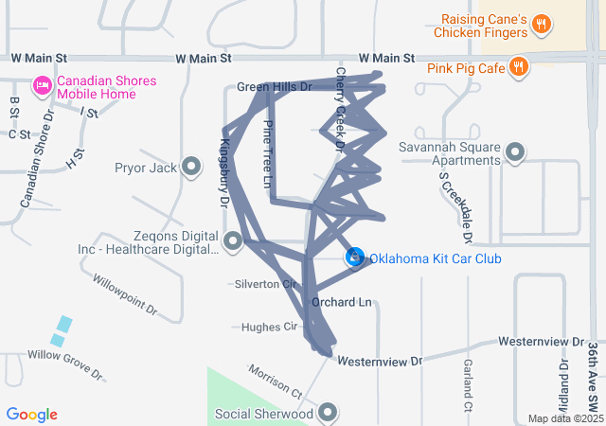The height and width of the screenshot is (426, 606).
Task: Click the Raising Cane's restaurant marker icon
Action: (x=541, y=25)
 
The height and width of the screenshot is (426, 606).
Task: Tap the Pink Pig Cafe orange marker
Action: (x=518, y=66)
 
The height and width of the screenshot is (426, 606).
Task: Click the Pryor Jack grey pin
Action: (x=191, y=169)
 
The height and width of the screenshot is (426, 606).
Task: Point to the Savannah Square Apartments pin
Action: (x=515, y=152)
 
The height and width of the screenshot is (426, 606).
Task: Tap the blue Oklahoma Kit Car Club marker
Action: (x=355, y=257)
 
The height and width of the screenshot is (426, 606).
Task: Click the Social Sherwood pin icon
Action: (x=329, y=413)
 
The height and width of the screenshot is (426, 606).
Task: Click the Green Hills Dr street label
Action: (x=274, y=86)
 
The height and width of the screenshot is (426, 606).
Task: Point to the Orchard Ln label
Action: (x=341, y=303)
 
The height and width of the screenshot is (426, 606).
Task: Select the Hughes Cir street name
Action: (x=270, y=327)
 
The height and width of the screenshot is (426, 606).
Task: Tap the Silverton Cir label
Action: (x=265, y=284)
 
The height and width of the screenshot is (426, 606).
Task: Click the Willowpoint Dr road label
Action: (x=124, y=295)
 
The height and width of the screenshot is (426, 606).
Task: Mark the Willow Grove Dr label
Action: (x=65, y=364)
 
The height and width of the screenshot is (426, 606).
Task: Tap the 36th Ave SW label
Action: (x=593, y=373)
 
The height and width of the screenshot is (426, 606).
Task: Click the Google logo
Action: (x=31, y=415)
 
